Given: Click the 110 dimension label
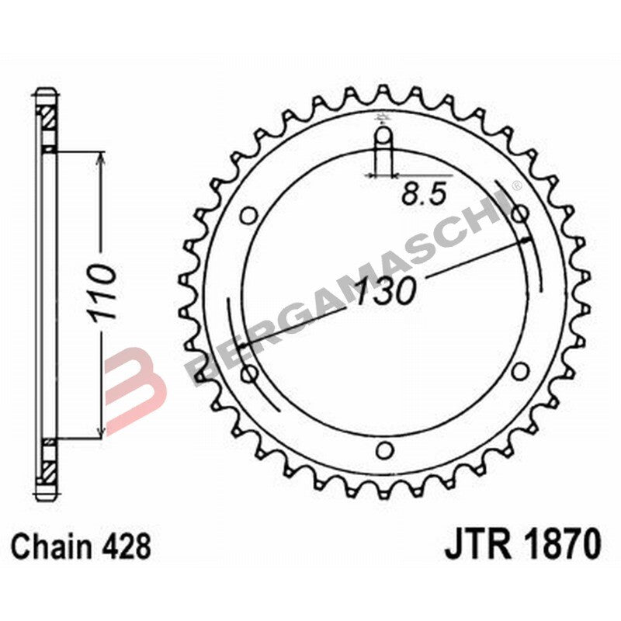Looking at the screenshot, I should pos(101,294).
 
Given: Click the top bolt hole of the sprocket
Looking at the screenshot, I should pos(384,139).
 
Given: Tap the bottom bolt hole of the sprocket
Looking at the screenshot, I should pos(384,449).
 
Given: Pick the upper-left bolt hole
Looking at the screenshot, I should pos(249,215).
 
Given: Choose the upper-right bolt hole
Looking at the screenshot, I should pos(520,213).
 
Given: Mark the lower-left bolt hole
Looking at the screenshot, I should pos(249,374).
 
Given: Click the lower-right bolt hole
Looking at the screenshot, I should pos(520,370).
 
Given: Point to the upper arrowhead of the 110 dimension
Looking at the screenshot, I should pos(101,158).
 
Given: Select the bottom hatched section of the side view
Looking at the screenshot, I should pos(48,470).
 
